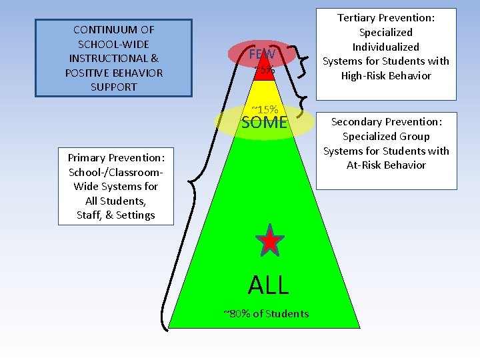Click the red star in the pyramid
269,241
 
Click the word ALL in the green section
269,285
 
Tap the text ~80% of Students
266,313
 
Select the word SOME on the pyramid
264,123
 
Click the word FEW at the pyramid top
262,55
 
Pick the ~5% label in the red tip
264,69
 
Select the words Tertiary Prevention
386,18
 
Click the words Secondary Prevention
386,122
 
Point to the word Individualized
386,47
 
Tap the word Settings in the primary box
135,215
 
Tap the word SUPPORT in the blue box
113,87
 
